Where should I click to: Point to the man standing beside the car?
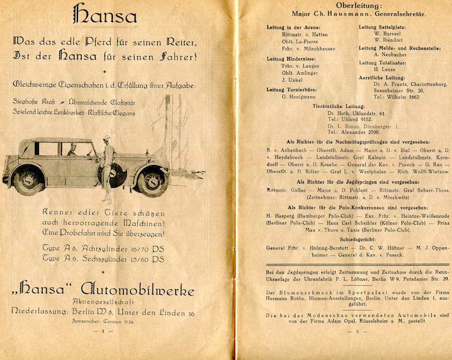pyautogui.click(x=107, y=163)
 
